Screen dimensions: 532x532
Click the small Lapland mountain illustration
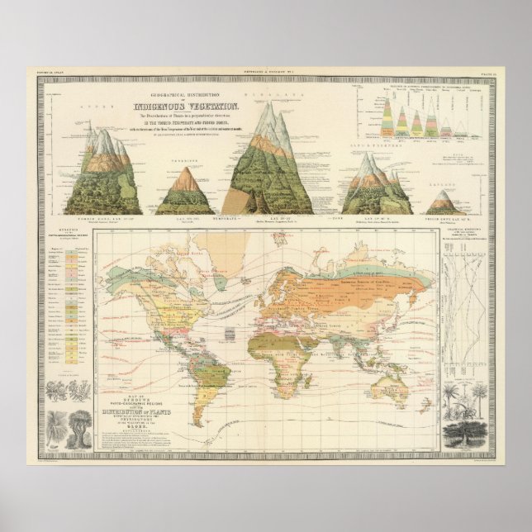coord(444,202)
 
